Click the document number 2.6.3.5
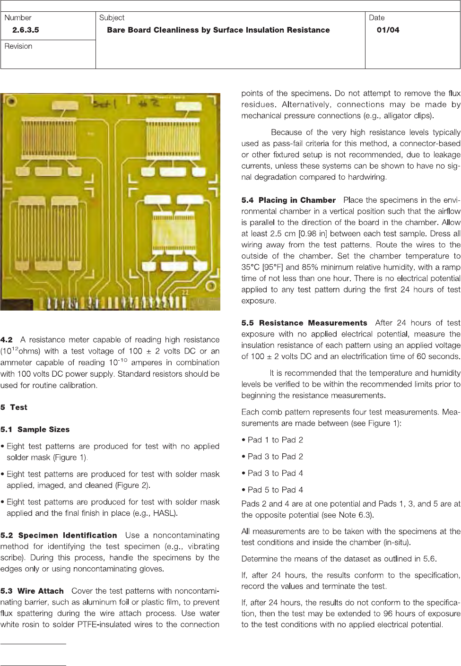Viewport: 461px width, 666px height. click(x=26, y=30)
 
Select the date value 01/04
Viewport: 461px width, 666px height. click(x=388, y=30)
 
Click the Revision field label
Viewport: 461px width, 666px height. click(x=18, y=46)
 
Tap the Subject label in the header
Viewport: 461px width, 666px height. click(x=112, y=17)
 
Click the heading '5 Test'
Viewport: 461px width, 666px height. click(x=14, y=407)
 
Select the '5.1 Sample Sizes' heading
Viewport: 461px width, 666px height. click(x=35, y=429)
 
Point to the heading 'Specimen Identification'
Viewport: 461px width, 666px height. click(x=68, y=535)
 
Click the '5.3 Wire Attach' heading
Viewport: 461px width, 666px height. click(x=32, y=591)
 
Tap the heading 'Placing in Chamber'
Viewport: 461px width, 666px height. click(x=297, y=200)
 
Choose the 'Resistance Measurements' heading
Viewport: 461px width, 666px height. click(x=313, y=323)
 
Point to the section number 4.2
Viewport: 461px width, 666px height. click(x=7, y=340)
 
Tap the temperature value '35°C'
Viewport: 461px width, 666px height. click(x=251, y=267)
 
